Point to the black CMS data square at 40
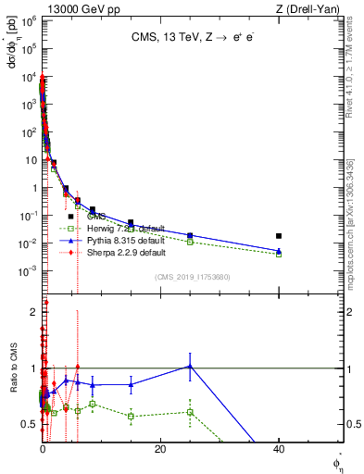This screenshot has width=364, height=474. tap(279, 236)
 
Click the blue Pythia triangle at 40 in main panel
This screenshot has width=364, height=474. tap(279, 250)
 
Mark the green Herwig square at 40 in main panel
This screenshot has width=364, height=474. tap(279, 254)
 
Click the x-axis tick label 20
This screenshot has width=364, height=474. tap(160, 449)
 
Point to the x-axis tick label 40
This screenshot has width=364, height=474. tap(279, 449)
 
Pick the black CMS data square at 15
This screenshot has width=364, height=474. tap(132, 223)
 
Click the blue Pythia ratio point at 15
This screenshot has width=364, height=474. tap(132, 384)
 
